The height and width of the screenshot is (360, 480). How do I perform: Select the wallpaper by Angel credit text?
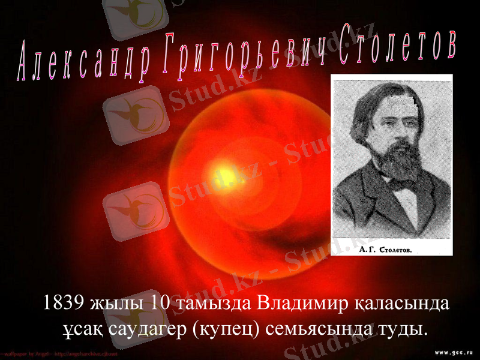pos(60,354)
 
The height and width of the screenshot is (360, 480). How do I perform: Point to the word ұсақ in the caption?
pos(80,329)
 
